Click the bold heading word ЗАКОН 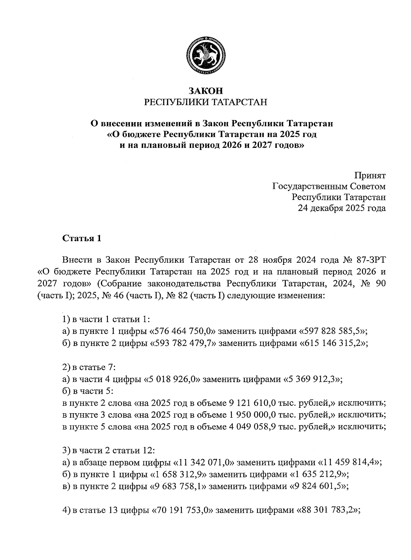[206, 91]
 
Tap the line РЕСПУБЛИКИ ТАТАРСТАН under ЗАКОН [206, 102]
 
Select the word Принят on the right [370, 175]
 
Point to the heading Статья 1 [82, 238]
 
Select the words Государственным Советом [329, 186]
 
